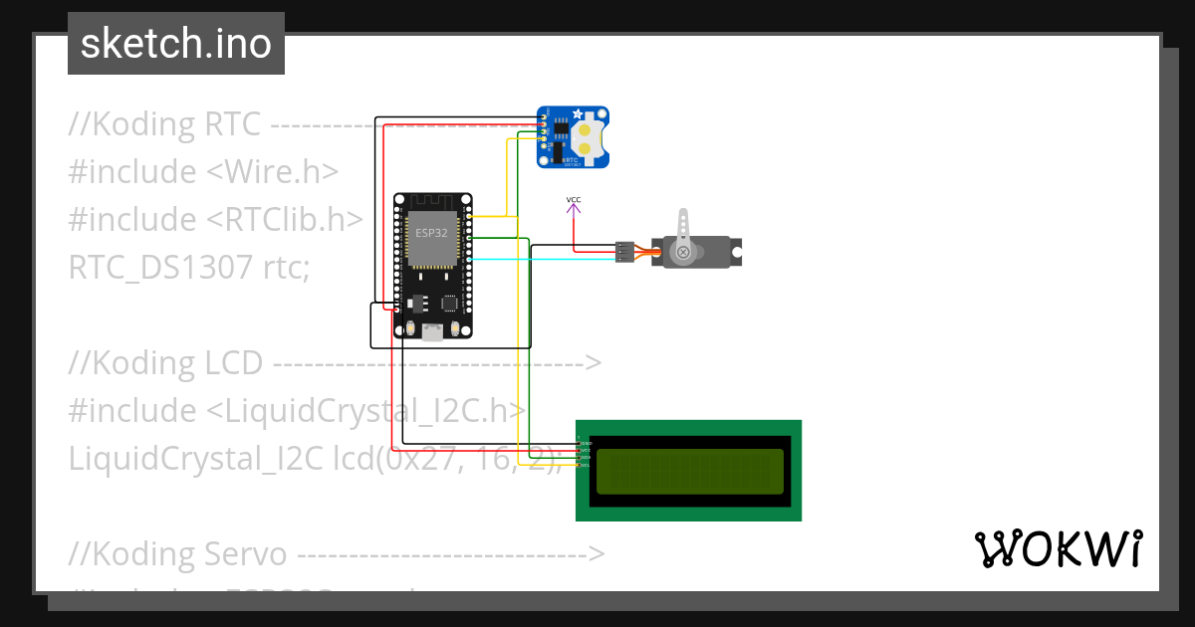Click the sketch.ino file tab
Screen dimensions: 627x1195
click(175, 44)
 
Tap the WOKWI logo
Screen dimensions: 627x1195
click(1058, 549)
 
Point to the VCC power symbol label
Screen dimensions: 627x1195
click(574, 201)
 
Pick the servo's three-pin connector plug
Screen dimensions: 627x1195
click(624, 252)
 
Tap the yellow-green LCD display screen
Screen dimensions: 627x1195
click(689, 471)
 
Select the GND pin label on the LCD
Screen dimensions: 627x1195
click(586, 443)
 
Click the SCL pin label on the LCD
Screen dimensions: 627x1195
click(586, 465)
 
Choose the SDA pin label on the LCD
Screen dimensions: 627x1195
click(586, 458)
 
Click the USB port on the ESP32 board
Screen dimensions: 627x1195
click(432, 332)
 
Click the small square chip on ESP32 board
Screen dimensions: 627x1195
click(449, 302)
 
